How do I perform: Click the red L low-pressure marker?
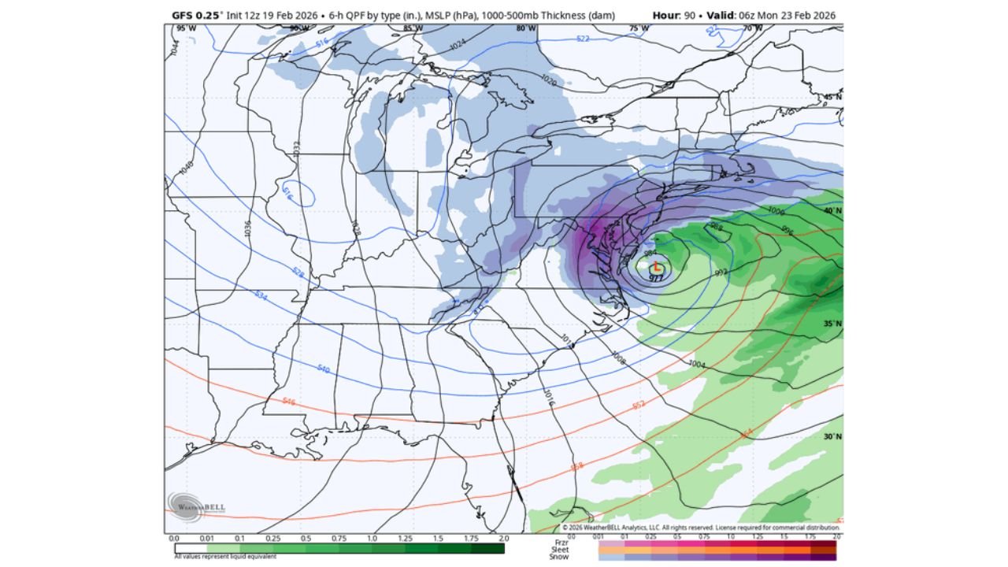(657, 268)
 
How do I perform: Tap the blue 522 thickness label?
(583, 38)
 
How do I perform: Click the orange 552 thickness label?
(639, 406)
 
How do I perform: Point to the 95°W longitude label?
(186, 28)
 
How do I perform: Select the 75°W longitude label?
(639, 28)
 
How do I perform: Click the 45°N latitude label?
(832, 97)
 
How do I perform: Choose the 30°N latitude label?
(832, 436)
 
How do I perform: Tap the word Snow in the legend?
(558, 556)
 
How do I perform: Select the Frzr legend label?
(560, 542)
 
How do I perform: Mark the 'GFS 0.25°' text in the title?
(197, 15)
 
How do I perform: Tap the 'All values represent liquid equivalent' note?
(225, 557)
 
